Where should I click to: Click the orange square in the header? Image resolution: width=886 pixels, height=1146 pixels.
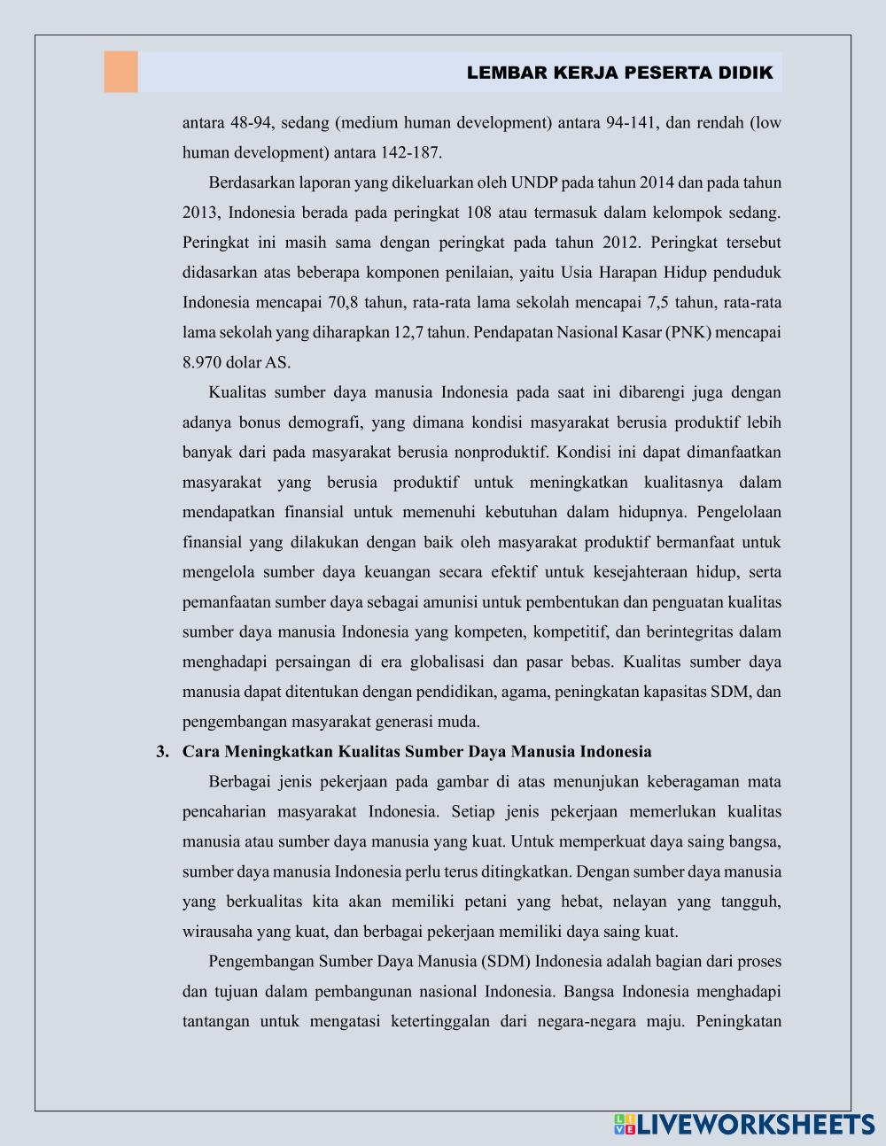click(120, 72)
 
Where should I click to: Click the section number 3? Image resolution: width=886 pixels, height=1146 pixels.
click(161, 752)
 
